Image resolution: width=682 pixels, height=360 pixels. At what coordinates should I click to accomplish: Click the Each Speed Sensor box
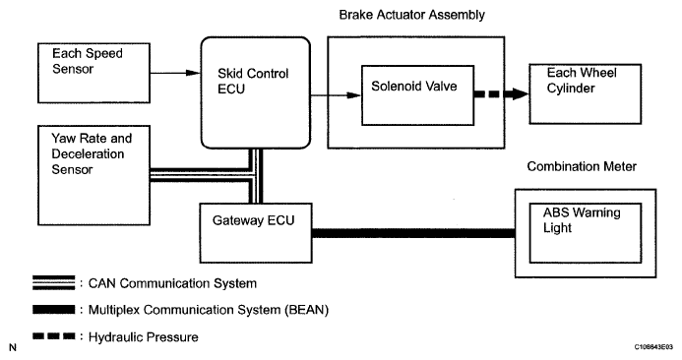point(93,73)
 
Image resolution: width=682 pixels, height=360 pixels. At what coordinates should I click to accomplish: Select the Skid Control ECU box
point(255,92)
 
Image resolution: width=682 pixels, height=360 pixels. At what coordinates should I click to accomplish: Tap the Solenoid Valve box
point(417,95)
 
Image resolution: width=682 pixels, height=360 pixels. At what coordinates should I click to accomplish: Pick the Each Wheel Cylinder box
point(585,93)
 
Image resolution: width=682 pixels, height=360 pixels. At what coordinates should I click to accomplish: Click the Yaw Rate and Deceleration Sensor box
point(93,175)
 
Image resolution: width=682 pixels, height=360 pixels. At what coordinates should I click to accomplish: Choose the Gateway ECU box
point(256,233)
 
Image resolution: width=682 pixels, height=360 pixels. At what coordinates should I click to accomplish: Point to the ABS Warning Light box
point(586,233)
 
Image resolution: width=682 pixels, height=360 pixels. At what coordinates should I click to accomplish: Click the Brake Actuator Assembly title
point(412,15)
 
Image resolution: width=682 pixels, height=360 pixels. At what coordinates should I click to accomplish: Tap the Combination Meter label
point(582,166)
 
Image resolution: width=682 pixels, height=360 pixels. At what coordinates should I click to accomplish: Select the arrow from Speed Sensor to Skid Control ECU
point(175,73)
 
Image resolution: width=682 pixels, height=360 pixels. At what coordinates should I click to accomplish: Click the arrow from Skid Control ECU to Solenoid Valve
point(336,95)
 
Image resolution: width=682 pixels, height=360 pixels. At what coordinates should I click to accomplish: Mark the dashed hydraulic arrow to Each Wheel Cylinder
point(502,93)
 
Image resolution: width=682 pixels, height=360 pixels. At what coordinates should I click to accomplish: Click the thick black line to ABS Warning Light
point(413,233)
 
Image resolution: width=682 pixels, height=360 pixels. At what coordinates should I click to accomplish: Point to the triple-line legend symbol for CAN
point(53,282)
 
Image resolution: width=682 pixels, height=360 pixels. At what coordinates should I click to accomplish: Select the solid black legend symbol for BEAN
point(53,310)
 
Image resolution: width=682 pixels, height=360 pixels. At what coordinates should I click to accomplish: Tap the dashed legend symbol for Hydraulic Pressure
point(53,336)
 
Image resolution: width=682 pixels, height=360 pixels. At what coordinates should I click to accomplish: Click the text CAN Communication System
point(172,283)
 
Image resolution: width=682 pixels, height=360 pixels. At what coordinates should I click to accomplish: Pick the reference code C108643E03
point(653,347)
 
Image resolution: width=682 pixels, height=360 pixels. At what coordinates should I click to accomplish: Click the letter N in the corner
point(13,347)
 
